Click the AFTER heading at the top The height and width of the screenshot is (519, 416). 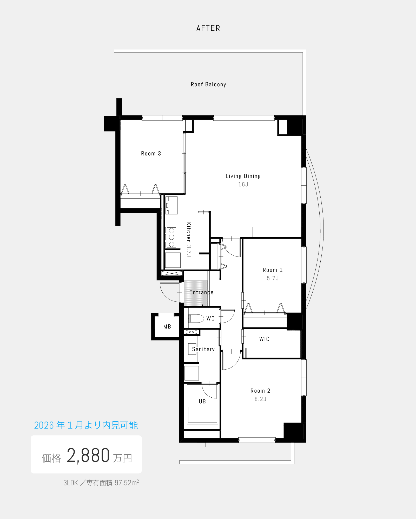click(x=208, y=28)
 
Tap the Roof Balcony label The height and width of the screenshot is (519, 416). click(x=208, y=84)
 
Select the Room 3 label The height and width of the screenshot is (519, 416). click(x=151, y=154)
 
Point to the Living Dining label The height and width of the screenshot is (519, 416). click(x=243, y=176)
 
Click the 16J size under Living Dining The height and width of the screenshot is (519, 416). click(x=243, y=185)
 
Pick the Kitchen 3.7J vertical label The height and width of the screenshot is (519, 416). click(x=189, y=239)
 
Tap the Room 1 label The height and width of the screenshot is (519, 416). click(x=273, y=270)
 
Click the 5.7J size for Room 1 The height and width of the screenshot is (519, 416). click(x=273, y=278)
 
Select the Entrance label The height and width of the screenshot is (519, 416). click(x=201, y=292)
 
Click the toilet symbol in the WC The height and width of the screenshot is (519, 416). click(x=196, y=318)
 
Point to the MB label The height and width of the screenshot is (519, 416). click(x=167, y=327)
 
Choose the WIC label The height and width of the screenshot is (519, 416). click(x=264, y=339)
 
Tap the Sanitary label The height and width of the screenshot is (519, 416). click(x=203, y=349)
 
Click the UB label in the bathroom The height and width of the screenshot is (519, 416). click(x=202, y=402)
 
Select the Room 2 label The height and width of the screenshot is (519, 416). click(x=260, y=391)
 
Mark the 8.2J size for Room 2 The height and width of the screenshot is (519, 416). click(x=260, y=399)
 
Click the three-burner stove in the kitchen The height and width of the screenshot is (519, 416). click(x=171, y=237)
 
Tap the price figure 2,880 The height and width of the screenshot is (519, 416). click(x=88, y=456)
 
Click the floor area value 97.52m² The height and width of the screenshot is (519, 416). click(x=127, y=483)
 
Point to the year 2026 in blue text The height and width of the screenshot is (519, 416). click(x=44, y=425)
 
